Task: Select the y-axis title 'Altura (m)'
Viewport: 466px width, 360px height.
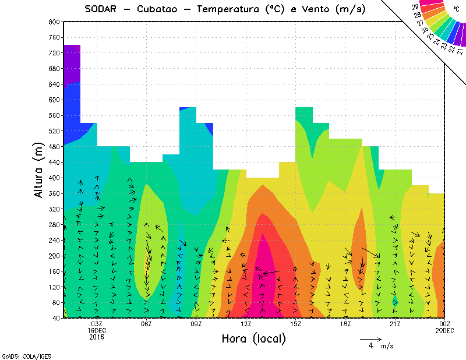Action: (x=39, y=169)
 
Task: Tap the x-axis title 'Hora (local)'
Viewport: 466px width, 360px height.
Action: (x=253, y=338)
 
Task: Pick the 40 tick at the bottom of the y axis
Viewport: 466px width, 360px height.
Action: (x=55, y=318)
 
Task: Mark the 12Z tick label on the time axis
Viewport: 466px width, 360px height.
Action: (x=246, y=324)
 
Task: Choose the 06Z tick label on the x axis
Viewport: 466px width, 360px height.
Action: (x=146, y=324)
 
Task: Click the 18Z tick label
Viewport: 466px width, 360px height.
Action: (x=345, y=324)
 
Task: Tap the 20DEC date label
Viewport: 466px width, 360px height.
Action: (x=444, y=330)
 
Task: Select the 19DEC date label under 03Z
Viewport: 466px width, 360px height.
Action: (x=97, y=330)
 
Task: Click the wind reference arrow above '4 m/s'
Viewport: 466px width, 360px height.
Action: (x=370, y=338)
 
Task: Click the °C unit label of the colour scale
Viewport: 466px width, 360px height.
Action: (x=456, y=9)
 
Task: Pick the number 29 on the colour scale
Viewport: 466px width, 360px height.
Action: (x=415, y=6)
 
